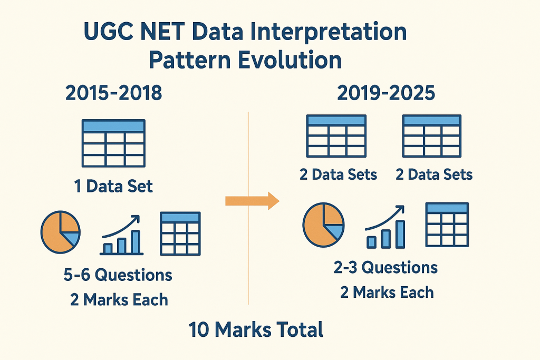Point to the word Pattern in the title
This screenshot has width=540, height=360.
pyautogui.click(x=190, y=60)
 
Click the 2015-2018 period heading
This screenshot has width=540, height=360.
pyautogui.click(x=114, y=93)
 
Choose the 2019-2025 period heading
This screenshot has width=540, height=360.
pyautogui.click(x=386, y=93)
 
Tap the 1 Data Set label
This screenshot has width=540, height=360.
pyautogui.click(x=113, y=186)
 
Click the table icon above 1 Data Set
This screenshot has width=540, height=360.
pyautogui.click(x=113, y=143)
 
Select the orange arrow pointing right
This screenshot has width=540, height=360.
pyautogui.click(x=252, y=201)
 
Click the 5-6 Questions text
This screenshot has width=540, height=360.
pyautogui.click(x=118, y=275)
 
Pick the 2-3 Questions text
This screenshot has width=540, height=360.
pyautogui.click(x=385, y=267)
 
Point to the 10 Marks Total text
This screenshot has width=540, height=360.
pyautogui.click(x=256, y=329)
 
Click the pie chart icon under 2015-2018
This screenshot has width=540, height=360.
pyautogui.click(x=60, y=232)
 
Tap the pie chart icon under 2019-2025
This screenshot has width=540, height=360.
pyautogui.click(x=323, y=225)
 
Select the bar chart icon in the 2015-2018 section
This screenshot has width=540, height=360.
pyautogui.click(x=121, y=235)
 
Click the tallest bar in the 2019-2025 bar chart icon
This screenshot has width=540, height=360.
pyautogui.click(x=400, y=234)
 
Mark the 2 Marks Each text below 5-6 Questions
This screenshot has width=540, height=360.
pyautogui.click(x=119, y=299)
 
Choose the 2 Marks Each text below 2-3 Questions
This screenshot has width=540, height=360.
pyautogui.click(x=387, y=292)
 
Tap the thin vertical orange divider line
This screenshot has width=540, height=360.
pyautogui.click(x=248, y=208)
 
